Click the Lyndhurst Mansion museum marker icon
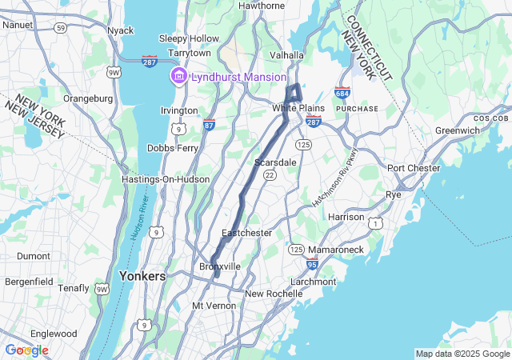(178, 77)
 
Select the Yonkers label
(142, 276)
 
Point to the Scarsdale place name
(275, 162)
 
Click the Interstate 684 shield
(342, 94)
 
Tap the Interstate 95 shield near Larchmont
(312, 263)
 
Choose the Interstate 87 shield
(209, 125)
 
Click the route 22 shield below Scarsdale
(270, 175)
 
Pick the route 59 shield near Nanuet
(60, 27)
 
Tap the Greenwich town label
(457, 130)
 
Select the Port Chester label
(413, 168)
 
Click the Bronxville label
(219, 266)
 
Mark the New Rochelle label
(274, 294)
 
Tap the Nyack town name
(121, 30)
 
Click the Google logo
(26, 350)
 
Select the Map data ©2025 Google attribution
(462, 354)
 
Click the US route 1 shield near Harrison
(374, 226)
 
